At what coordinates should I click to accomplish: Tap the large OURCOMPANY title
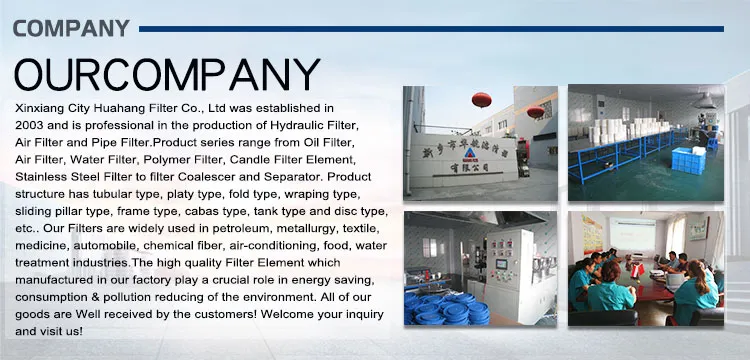point(166,76)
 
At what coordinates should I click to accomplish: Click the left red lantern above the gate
point(480,100)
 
